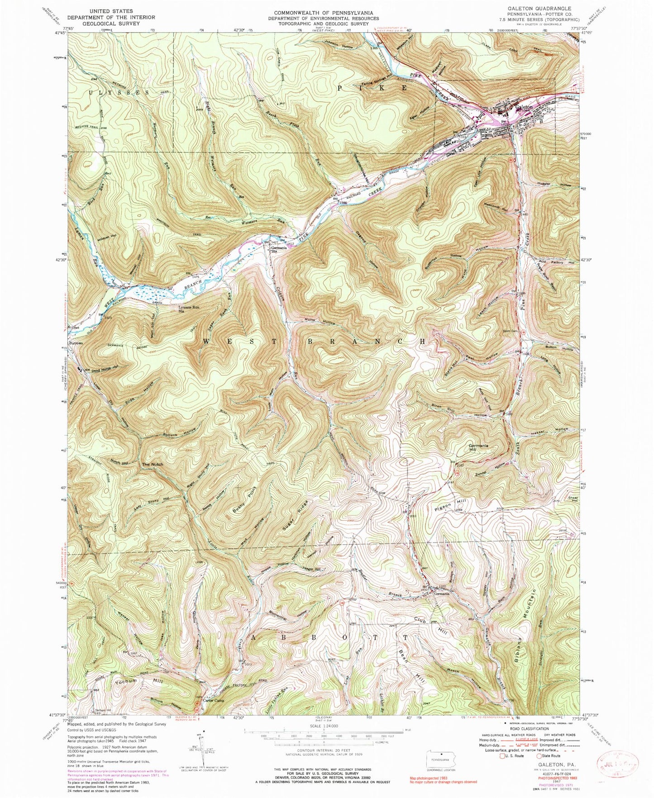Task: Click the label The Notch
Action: pyautogui.click(x=152, y=465)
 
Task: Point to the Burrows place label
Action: pyautogui.click(x=76, y=344)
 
